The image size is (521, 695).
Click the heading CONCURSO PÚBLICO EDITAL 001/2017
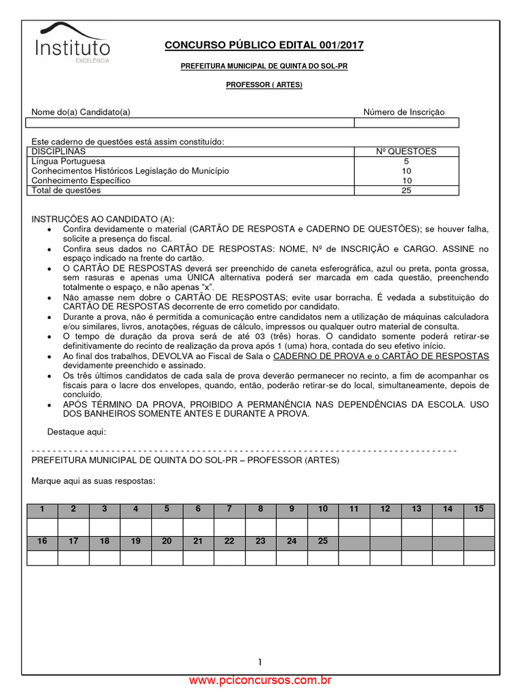(265, 45)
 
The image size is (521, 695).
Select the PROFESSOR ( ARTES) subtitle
(264, 85)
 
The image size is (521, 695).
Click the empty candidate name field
(189, 123)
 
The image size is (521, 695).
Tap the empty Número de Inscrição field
(406, 123)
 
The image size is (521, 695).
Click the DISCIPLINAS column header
(59, 151)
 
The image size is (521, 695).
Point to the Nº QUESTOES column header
(406, 151)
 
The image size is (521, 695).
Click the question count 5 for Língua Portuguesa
(406, 162)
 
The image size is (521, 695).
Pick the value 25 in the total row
(406, 191)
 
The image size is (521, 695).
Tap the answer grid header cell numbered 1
(42, 509)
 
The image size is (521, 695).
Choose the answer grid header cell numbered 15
(479, 509)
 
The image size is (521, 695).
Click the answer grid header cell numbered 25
(323, 541)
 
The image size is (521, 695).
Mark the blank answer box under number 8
(260, 526)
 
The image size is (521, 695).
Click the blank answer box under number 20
(167, 558)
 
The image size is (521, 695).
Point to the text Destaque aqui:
(77, 432)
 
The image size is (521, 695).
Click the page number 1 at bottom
(260, 662)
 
